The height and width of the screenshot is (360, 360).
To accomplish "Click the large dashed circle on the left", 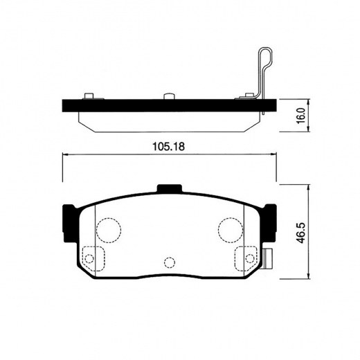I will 108,228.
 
